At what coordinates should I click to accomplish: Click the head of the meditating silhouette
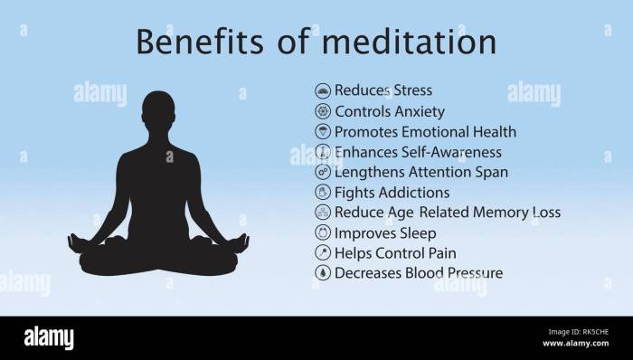click(159, 110)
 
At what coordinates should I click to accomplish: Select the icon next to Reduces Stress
click(323, 90)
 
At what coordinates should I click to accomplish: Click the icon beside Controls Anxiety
click(323, 111)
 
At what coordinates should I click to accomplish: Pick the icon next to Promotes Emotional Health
click(323, 132)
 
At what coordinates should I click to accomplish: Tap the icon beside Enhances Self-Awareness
click(323, 152)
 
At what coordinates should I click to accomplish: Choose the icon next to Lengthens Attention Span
click(323, 172)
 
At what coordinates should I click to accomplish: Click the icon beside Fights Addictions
click(323, 192)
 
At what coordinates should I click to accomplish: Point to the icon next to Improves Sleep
click(323, 232)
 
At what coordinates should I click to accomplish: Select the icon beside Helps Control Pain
click(323, 252)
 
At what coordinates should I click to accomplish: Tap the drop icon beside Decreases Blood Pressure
click(323, 272)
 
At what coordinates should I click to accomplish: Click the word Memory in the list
click(491, 213)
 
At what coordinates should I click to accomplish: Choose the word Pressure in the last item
click(471, 272)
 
